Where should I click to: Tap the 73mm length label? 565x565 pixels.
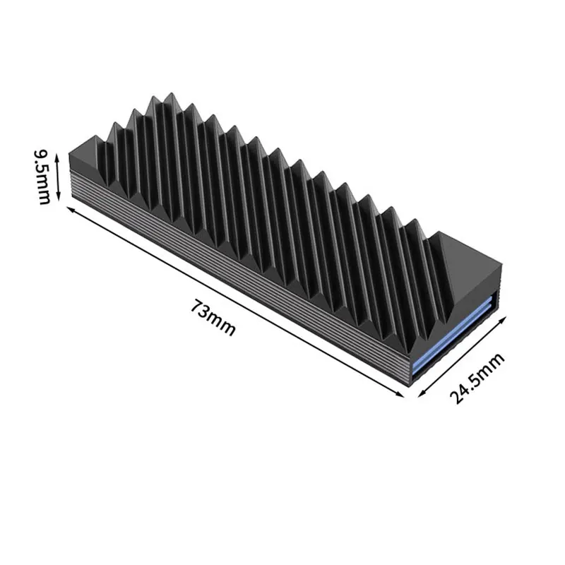[x=213, y=319]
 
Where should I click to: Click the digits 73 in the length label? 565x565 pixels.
[x=201, y=311]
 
